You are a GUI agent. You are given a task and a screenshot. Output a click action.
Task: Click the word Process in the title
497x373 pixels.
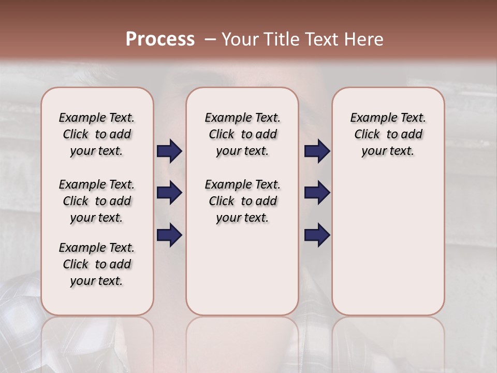(160, 39)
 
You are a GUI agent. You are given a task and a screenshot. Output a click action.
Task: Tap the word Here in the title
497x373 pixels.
(364, 39)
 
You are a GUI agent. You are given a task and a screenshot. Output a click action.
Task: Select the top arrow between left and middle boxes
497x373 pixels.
(169, 151)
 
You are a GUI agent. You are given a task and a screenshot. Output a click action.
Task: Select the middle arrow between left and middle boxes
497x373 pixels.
(169, 193)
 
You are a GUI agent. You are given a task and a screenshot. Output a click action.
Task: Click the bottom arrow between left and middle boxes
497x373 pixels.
(169, 235)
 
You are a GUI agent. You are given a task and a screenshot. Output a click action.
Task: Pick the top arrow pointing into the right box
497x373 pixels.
(317, 151)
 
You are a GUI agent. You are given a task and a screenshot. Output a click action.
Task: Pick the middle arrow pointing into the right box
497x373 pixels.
(317, 193)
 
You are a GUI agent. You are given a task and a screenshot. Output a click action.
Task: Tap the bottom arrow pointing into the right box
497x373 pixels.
(317, 235)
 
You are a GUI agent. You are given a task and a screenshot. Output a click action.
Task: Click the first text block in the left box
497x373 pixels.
(97, 134)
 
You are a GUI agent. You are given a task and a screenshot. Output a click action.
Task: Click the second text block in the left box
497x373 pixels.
(97, 201)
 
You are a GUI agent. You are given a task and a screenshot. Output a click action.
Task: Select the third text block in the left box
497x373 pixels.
(97, 264)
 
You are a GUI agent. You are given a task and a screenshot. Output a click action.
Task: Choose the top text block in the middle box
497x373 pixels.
(242, 134)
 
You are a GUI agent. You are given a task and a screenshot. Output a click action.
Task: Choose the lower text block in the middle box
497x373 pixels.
(242, 201)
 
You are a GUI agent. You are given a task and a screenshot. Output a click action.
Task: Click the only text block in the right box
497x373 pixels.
(388, 134)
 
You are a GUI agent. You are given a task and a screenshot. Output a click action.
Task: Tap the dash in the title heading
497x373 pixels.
(210, 39)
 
